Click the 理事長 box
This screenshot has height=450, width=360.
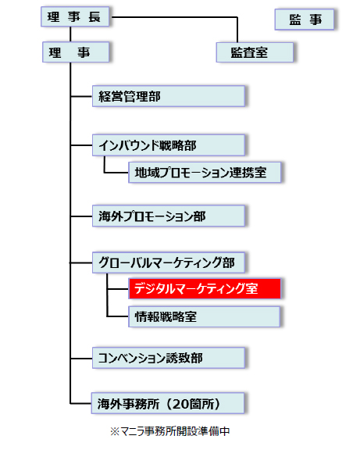(x=75, y=16)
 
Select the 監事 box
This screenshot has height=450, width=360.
(x=305, y=20)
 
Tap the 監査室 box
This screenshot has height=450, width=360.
(x=255, y=52)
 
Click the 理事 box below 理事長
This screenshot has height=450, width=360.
(x=76, y=52)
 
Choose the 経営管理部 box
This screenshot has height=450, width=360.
(x=169, y=96)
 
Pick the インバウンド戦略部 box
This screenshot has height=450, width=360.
(x=169, y=145)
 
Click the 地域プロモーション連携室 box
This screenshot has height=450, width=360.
(x=205, y=172)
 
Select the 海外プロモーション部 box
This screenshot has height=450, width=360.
(x=169, y=216)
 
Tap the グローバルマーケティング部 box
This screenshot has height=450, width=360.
(x=169, y=262)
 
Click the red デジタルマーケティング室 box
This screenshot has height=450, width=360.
(x=205, y=288)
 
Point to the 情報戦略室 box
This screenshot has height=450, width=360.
(x=205, y=316)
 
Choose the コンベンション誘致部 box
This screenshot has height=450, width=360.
(x=169, y=358)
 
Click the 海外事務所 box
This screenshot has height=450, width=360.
(x=168, y=403)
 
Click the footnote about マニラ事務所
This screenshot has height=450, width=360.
(x=169, y=431)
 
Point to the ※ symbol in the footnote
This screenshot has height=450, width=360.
(x=115, y=431)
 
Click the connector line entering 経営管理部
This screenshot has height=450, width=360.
(x=81, y=96)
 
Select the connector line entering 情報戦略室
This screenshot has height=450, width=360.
(x=118, y=316)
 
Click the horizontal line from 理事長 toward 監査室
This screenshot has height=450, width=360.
(x=175, y=17)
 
